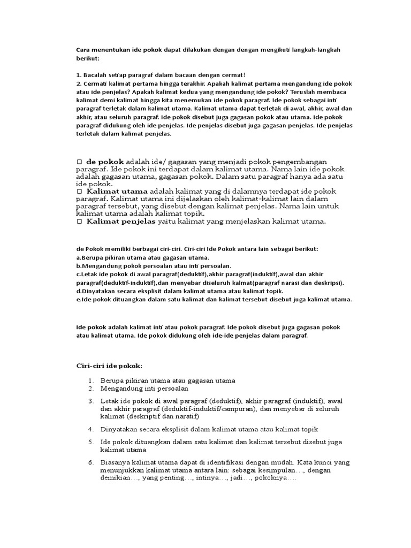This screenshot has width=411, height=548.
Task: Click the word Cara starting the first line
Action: click(x=83, y=50)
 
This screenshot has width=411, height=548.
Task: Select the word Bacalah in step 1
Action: click(x=95, y=75)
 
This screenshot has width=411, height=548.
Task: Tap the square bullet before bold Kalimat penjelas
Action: click(x=79, y=221)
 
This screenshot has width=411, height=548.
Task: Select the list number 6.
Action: click(x=91, y=462)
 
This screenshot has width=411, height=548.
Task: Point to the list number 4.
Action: click(x=91, y=429)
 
